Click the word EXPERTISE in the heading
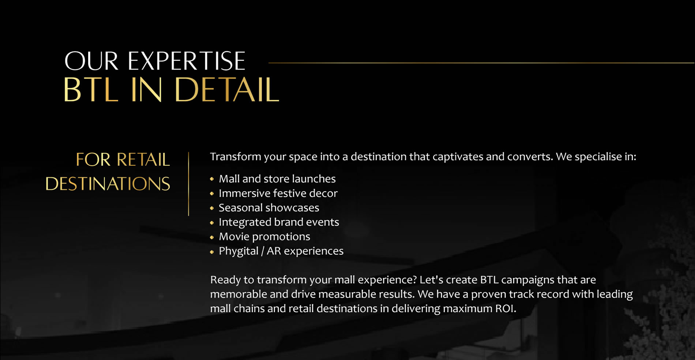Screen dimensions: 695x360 click(186, 61)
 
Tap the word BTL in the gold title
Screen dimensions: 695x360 click(91, 90)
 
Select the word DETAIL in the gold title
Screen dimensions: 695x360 click(227, 90)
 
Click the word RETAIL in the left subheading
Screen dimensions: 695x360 click(143, 160)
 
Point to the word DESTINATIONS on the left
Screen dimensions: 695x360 click(108, 184)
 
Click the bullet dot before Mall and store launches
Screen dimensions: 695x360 click(212, 179)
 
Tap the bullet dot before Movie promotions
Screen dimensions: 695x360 click(212, 237)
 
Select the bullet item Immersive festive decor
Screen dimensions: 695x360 click(278, 193)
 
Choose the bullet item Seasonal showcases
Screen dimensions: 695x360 click(269, 208)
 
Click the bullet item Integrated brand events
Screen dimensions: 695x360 click(279, 222)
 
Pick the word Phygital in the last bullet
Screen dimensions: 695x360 click(238, 251)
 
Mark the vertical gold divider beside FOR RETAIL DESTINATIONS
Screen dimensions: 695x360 click(189, 184)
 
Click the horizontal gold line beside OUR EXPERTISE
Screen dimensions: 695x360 click(481, 63)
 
